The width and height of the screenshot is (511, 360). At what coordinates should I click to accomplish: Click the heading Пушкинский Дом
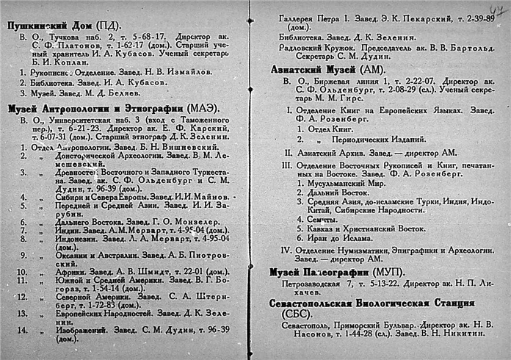(46, 24)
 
